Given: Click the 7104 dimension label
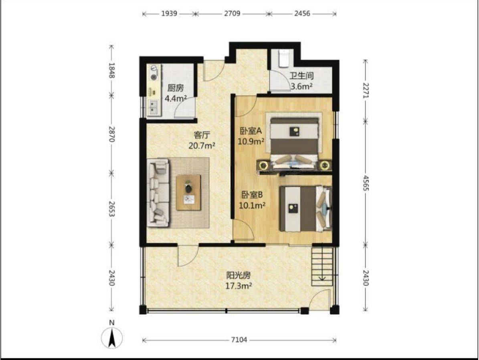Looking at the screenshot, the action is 239,340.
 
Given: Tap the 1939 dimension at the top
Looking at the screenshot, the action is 169,14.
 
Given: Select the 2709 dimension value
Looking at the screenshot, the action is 232,14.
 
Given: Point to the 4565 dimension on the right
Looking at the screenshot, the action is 366,183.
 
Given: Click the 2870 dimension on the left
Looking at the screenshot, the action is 111,134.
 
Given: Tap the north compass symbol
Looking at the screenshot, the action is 112,335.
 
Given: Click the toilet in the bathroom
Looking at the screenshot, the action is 284,58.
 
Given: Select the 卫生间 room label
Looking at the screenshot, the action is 301,75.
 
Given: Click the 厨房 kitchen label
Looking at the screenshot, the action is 176,88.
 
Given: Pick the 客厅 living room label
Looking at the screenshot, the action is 202,135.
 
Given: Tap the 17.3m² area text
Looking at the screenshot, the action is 238,286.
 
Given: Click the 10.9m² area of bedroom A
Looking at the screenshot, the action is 251,142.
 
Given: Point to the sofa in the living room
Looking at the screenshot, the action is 158,193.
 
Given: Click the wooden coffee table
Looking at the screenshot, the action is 188,193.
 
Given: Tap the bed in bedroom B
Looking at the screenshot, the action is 305,209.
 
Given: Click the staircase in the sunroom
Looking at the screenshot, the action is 322,266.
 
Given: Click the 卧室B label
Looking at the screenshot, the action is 252,195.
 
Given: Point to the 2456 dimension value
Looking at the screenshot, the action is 302,14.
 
